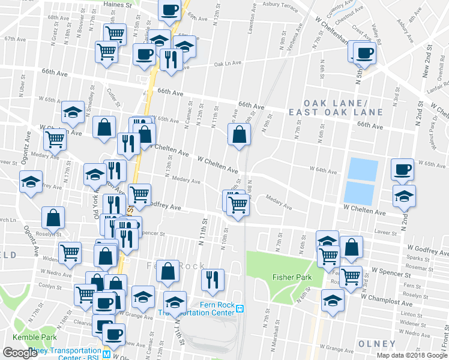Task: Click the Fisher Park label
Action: pyautogui.click(x=290, y=277)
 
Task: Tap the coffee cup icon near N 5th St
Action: pyautogui.click(x=362, y=53)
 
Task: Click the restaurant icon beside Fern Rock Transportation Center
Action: pyautogui.click(x=212, y=280)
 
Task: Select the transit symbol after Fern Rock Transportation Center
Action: pyautogui.click(x=240, y=308)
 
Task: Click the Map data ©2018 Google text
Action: pyautogui.click(x=412, y=355)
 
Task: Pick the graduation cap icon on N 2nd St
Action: pyautogui.click(x=404, y=196)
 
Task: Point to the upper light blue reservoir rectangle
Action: pyautogui.click(x=363, y=168)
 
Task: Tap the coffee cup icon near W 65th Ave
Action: pyautogui.click(x=402, y=169)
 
